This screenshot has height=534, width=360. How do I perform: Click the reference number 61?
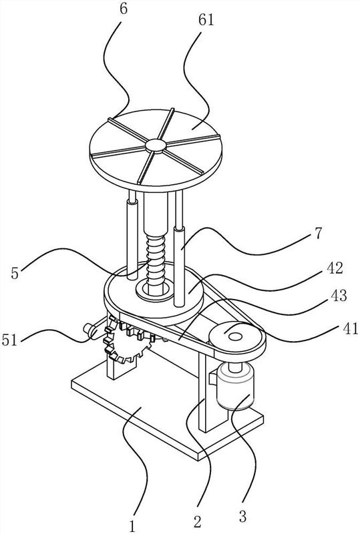pyautogui.click(x=206, y=20)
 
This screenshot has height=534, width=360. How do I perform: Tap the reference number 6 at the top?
pyautogui.click(x=124, y=9)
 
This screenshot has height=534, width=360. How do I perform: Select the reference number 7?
pyautogui.click(x=318, y=234)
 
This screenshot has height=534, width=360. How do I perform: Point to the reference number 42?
pyautogui.click(x=334, y=268)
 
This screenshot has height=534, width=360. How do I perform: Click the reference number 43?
pyautogui.click(x=338, y=296)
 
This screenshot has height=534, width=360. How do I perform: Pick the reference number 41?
pyautogui.click(x=350, y=329)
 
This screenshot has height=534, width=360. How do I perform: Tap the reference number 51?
pyautogui.click(x=9, y=340)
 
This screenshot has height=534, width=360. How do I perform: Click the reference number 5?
pyautogui.click(x=14, y=273)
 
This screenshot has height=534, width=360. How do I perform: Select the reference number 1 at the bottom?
pyautogui.click(x=132, y=525)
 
